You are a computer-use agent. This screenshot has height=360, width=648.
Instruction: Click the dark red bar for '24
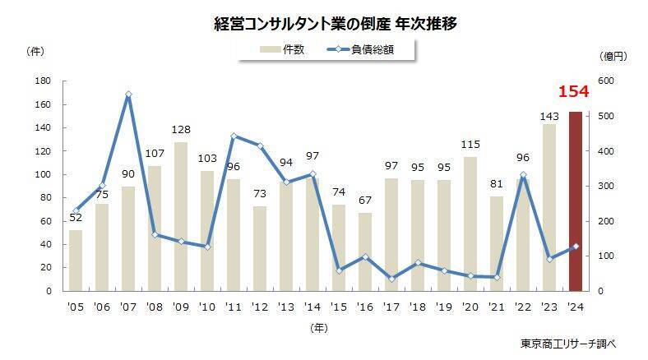coord(576,201)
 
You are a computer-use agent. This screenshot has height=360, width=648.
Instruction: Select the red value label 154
coord(573,90)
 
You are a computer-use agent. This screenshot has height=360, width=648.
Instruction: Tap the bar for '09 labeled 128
coord(181,216)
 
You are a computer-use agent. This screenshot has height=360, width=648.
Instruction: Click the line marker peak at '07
coord(129,95)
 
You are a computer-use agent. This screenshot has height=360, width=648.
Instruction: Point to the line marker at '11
coord(234,136)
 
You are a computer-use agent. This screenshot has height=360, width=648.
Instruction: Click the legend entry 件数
coord(284,49)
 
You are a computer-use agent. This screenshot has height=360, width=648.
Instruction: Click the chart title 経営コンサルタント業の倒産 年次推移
coord(323,23)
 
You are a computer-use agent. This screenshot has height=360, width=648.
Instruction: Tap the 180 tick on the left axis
coord(44,81)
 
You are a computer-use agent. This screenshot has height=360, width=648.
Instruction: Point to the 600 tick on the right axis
coord(607,81)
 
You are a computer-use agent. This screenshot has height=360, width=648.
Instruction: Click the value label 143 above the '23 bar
coord(549,116)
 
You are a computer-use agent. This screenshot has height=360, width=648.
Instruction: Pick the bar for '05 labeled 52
coord(76,261)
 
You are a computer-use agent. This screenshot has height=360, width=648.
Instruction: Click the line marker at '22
coord(523,175)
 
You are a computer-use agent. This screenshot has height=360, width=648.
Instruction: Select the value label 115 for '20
coord(470,145)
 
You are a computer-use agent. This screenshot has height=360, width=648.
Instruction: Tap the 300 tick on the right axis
coord(607,187)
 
